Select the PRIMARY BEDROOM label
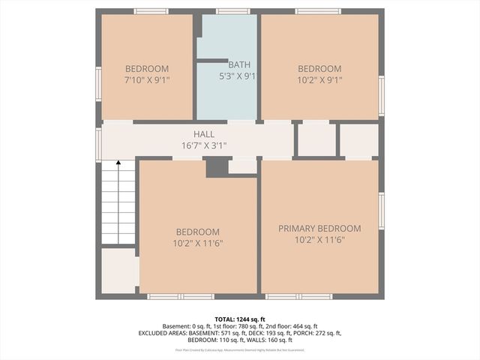[319, 229]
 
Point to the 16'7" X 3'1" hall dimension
[203, 145]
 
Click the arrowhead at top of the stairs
[118, 163]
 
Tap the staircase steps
[118, 206]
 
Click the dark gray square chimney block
[217, 167]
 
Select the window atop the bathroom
[233, 11]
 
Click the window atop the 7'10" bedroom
[151, 11]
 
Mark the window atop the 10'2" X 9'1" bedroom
[319, 11]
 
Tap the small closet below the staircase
[118, 270]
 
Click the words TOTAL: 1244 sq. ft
[239, 319]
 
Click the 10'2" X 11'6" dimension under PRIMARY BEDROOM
[319, 240]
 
